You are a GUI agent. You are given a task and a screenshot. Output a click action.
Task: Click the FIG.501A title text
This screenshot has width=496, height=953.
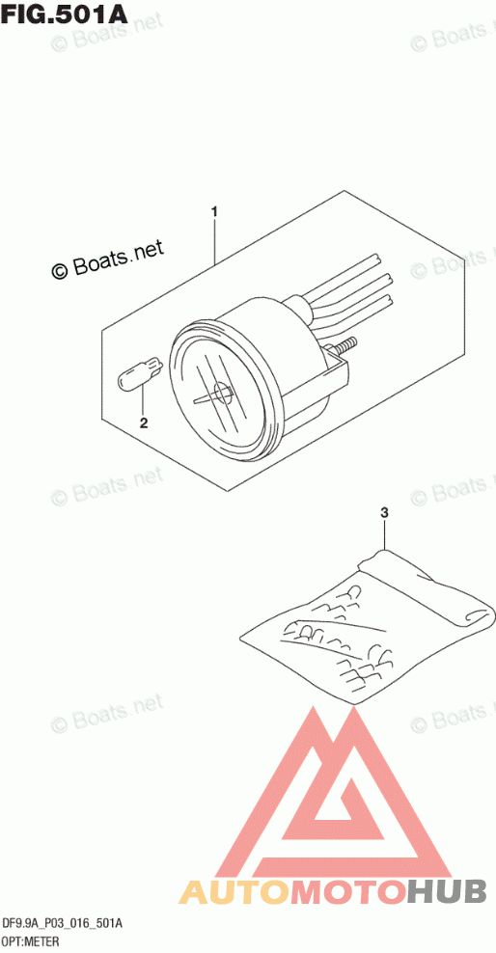coord(65,13)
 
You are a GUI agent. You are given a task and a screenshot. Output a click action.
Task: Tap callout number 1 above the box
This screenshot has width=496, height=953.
coord(214,212)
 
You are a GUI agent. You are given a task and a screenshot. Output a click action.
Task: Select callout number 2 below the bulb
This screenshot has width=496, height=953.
coord(144,423)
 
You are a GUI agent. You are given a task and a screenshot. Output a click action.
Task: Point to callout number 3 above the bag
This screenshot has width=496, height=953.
coord(383,513)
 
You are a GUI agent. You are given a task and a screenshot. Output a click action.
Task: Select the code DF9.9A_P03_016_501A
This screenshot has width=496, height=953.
coord(63,924)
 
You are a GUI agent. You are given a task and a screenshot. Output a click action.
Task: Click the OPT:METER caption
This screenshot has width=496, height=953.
coord(30,942)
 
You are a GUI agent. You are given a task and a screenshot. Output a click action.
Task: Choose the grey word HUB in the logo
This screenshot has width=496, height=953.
coord(447,892)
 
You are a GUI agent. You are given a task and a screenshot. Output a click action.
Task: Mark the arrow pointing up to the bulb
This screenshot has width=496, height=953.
coord(144,400)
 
